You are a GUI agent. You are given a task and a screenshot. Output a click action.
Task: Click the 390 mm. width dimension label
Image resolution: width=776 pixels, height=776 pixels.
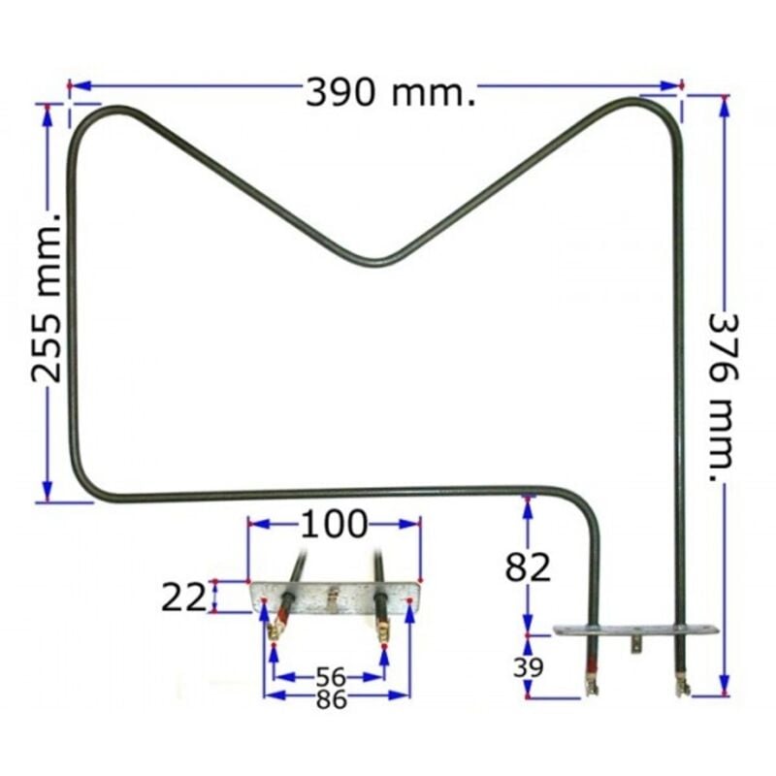tap(391, 92)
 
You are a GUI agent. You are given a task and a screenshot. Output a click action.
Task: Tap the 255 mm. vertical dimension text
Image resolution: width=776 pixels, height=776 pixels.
tap(47, 298)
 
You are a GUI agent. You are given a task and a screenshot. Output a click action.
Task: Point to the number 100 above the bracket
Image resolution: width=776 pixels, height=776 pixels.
tap(335, 525)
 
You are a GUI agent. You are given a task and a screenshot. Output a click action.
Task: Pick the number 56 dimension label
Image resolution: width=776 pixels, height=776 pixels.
tap(331, 676)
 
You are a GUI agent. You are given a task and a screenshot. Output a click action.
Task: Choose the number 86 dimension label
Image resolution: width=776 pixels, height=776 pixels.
tap(331, 699)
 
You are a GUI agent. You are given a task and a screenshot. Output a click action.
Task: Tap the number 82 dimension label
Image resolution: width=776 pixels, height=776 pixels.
tap(528, 567)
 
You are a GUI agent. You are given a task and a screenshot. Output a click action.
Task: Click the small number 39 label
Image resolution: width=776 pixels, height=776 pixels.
tap(528, 667)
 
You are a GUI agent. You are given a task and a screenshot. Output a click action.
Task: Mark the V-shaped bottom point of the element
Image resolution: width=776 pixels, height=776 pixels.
tap(375, 263)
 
